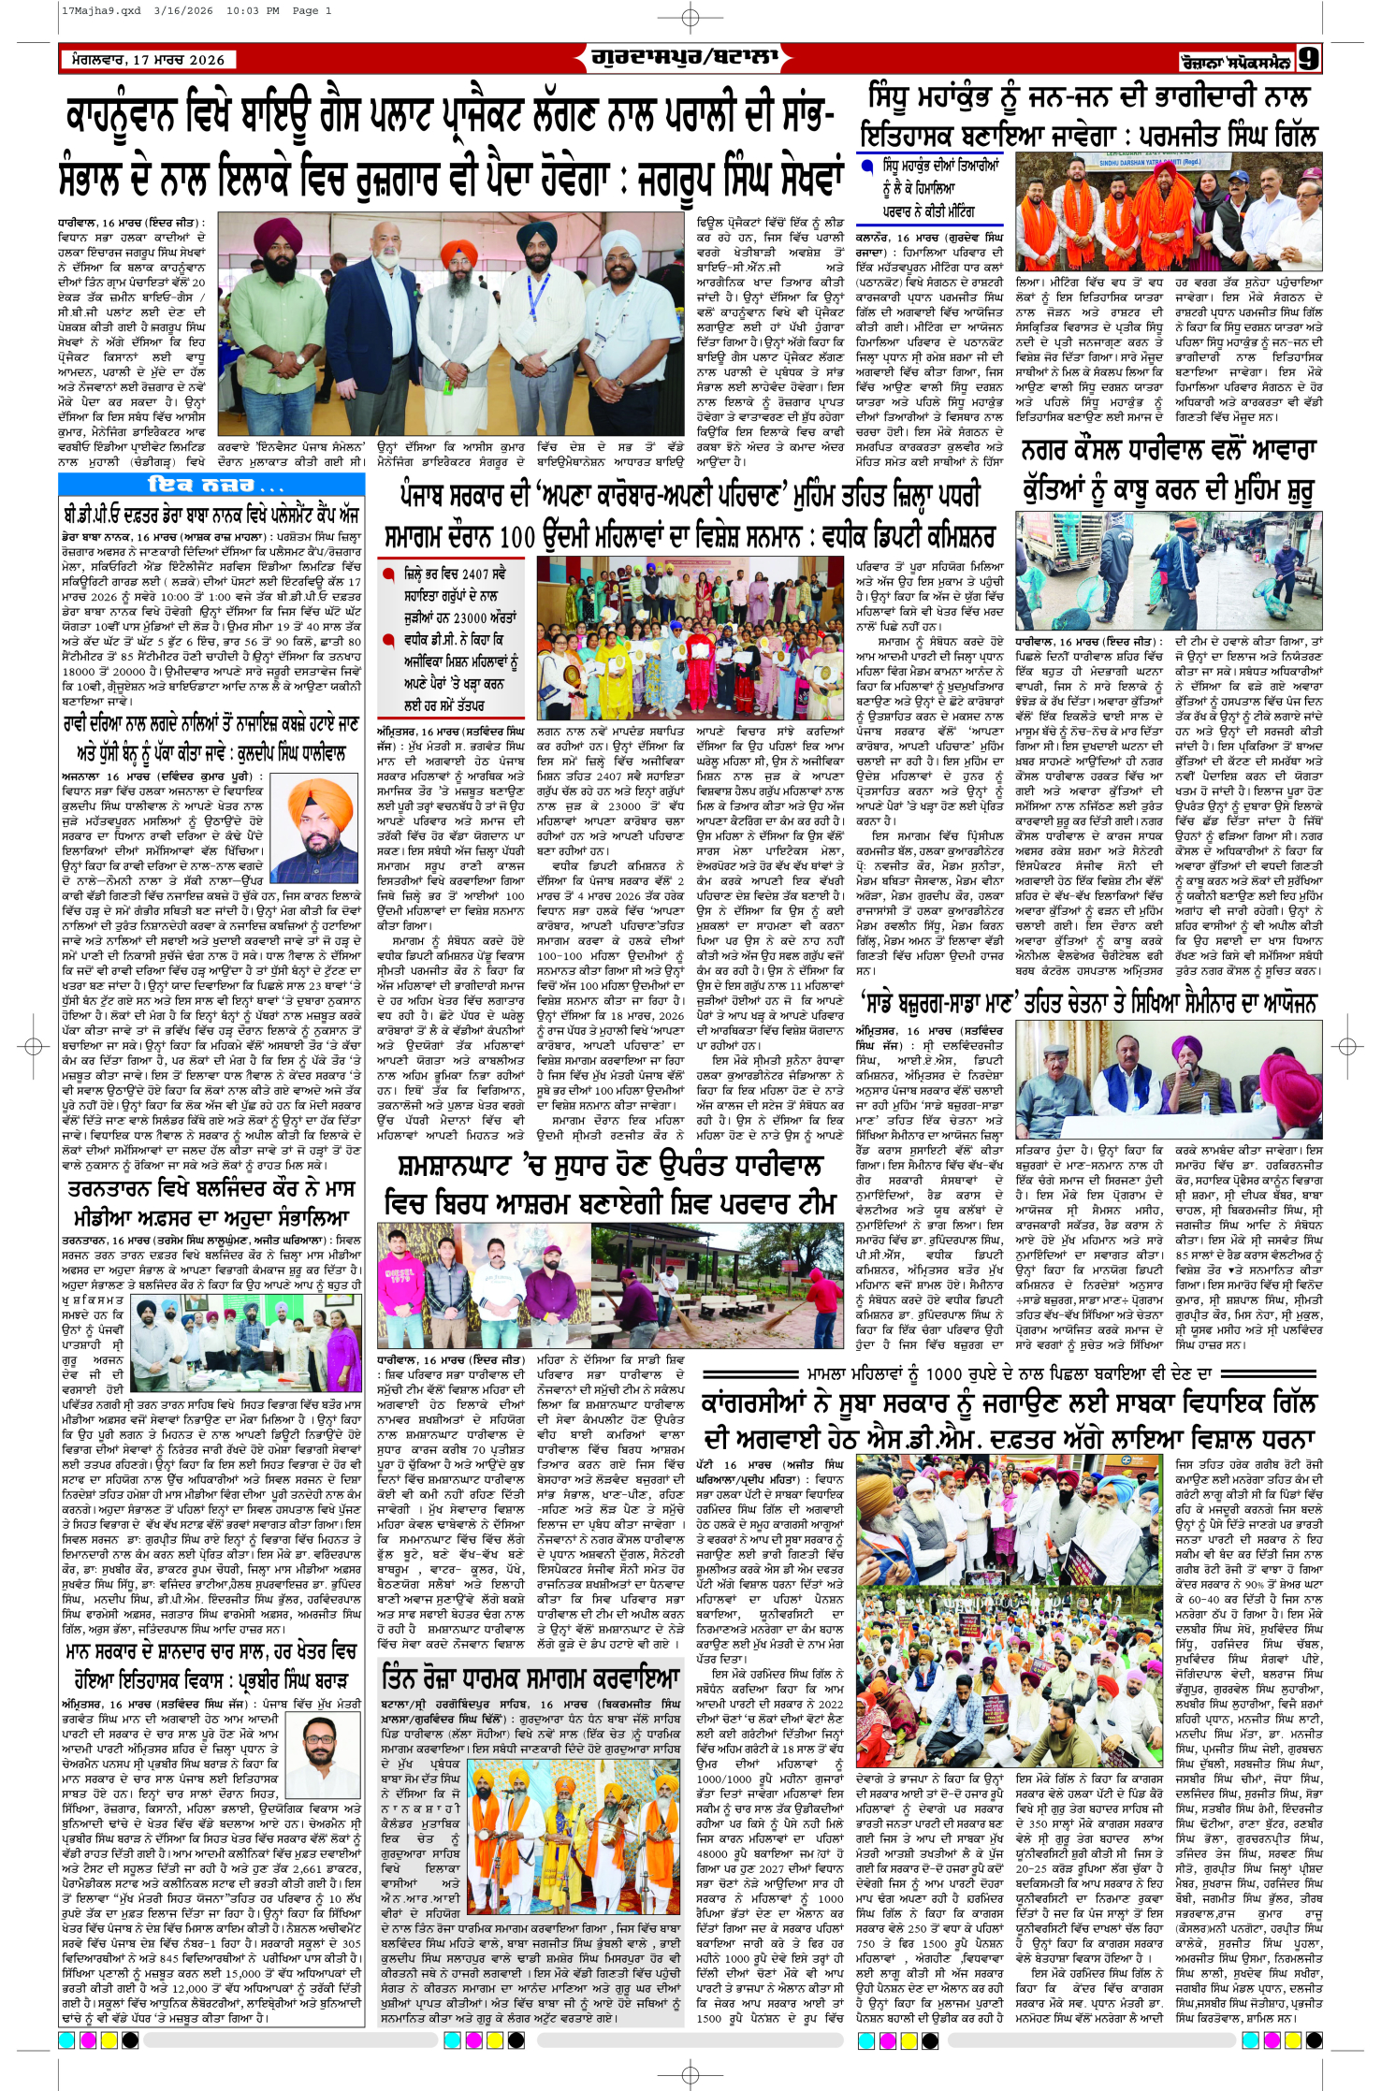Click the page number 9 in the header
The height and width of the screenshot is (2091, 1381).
pyautogui.click(x=1308, y=59)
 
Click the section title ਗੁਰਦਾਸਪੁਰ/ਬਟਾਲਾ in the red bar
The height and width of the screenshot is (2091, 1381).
pyautogui.click(x=684, y=58)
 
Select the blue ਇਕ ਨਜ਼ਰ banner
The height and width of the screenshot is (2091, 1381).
pyautogui.click(x=213, y=485)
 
